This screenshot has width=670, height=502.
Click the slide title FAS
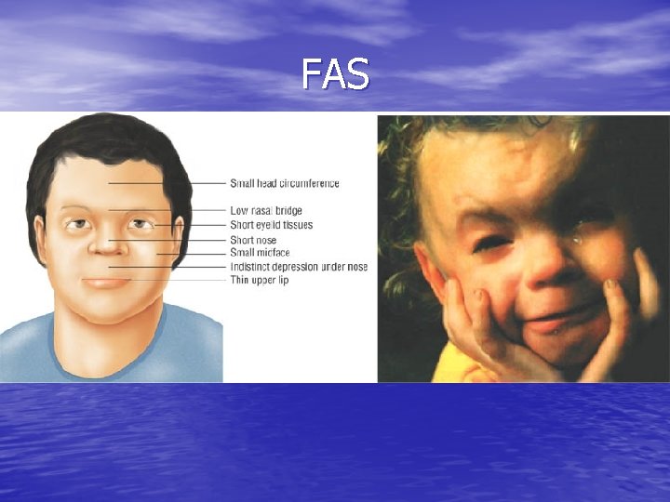335,73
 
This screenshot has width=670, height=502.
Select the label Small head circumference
284,183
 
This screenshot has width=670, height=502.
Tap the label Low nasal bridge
265,211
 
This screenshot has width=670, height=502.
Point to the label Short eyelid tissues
271,225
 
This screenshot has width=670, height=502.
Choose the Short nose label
253,240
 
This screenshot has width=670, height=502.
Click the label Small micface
260,253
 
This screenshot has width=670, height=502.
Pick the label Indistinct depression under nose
298,267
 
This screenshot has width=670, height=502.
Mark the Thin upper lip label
259,280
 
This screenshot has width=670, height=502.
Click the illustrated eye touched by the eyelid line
141,224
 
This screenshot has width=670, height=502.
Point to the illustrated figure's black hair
102,139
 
